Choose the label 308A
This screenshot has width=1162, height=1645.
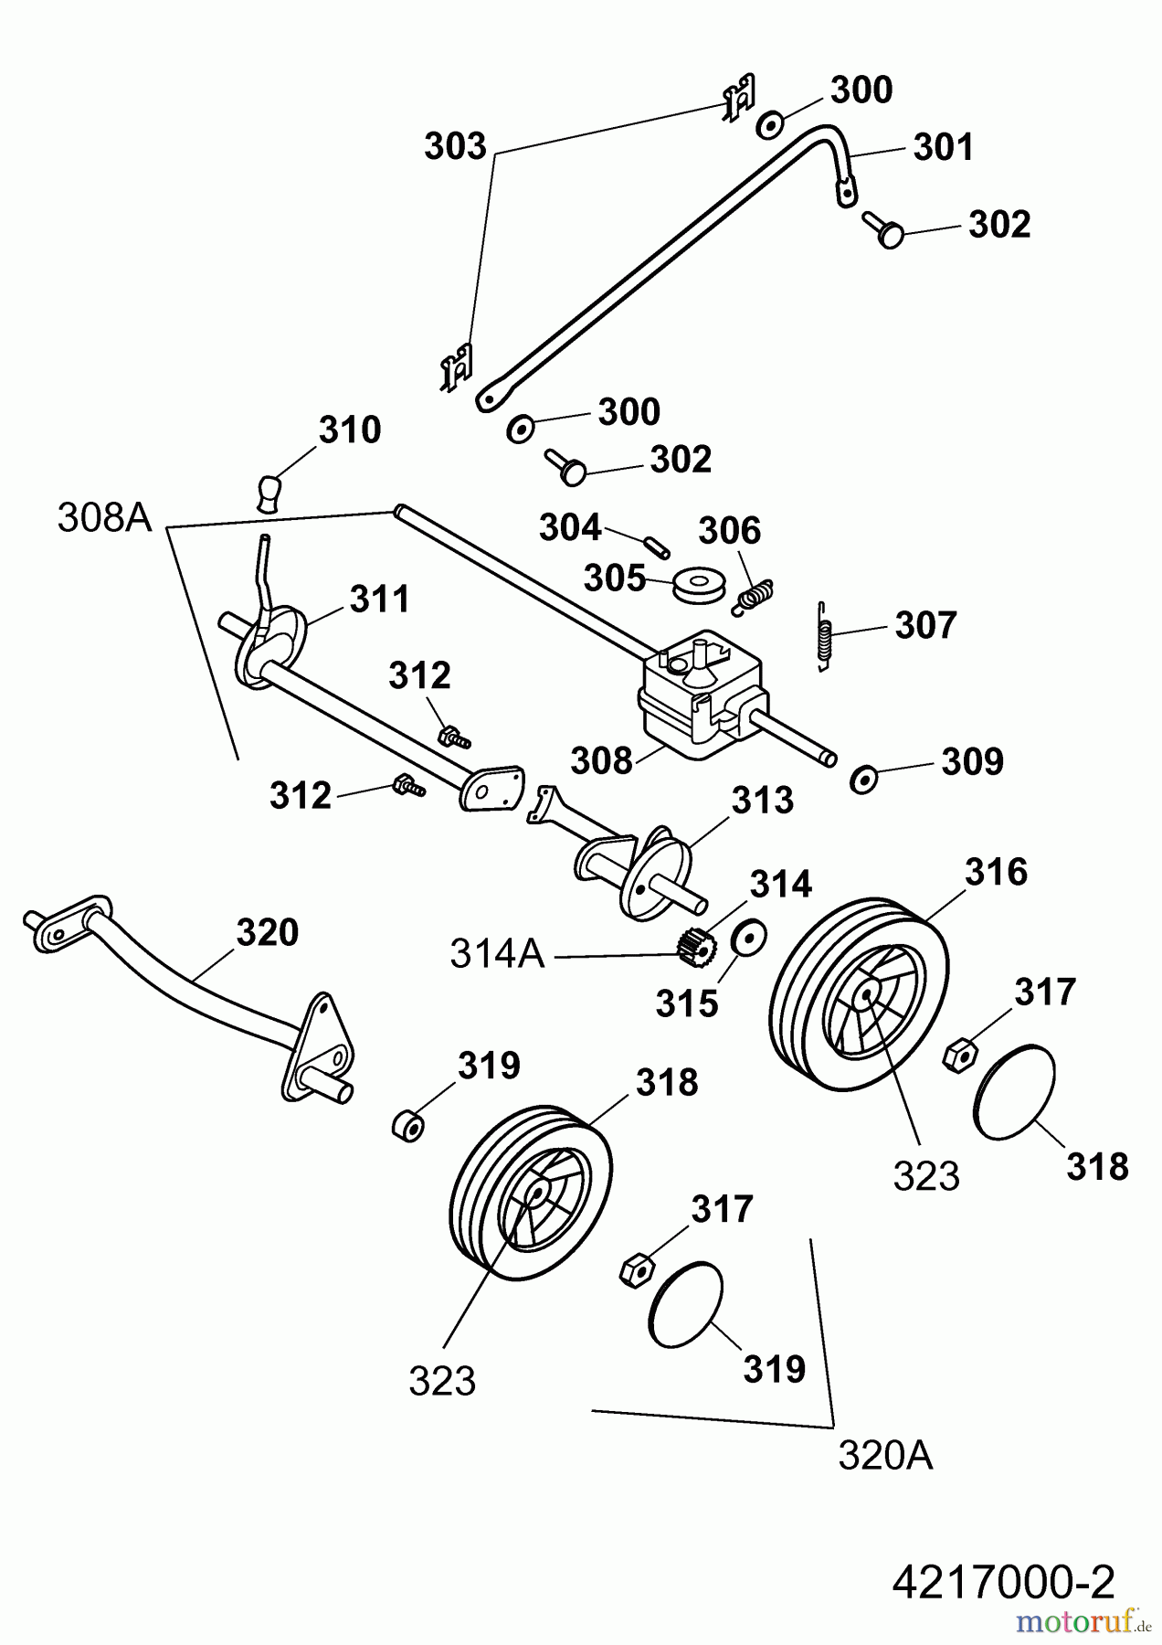point(104,517)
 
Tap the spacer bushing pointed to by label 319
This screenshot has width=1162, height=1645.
point(408,1125)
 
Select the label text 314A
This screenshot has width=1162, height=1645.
point(497,955)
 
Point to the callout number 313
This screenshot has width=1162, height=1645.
point(763,801)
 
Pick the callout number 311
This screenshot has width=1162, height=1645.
point(380,600)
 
